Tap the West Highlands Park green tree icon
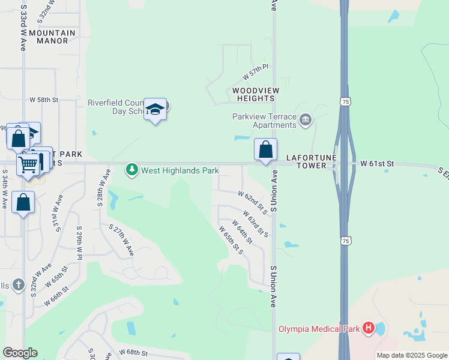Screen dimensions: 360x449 click(x=131, y=170)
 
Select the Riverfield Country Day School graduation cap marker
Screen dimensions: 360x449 click(x=155, y=109)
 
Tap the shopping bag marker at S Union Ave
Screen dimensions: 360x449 click(x=265, y=149)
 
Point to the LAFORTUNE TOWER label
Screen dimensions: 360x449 click(x=306, y=161)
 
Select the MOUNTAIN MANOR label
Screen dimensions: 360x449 click(x=52, y=37)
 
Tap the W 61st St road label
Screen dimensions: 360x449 click(x=376, y=163)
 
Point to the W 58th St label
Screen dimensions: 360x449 click(x=44, y=99)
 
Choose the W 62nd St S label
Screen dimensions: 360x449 click(x=253, y=203)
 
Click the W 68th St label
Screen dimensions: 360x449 click(x=133, y=352)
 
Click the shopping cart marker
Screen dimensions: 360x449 click(x=28, y=164)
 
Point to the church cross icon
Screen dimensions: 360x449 click(x=18, y=285)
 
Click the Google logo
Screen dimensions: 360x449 click(x=20, y=353)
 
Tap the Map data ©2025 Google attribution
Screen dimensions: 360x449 click(x=412, y=355)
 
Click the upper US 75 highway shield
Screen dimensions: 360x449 click(x=345, y=103)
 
